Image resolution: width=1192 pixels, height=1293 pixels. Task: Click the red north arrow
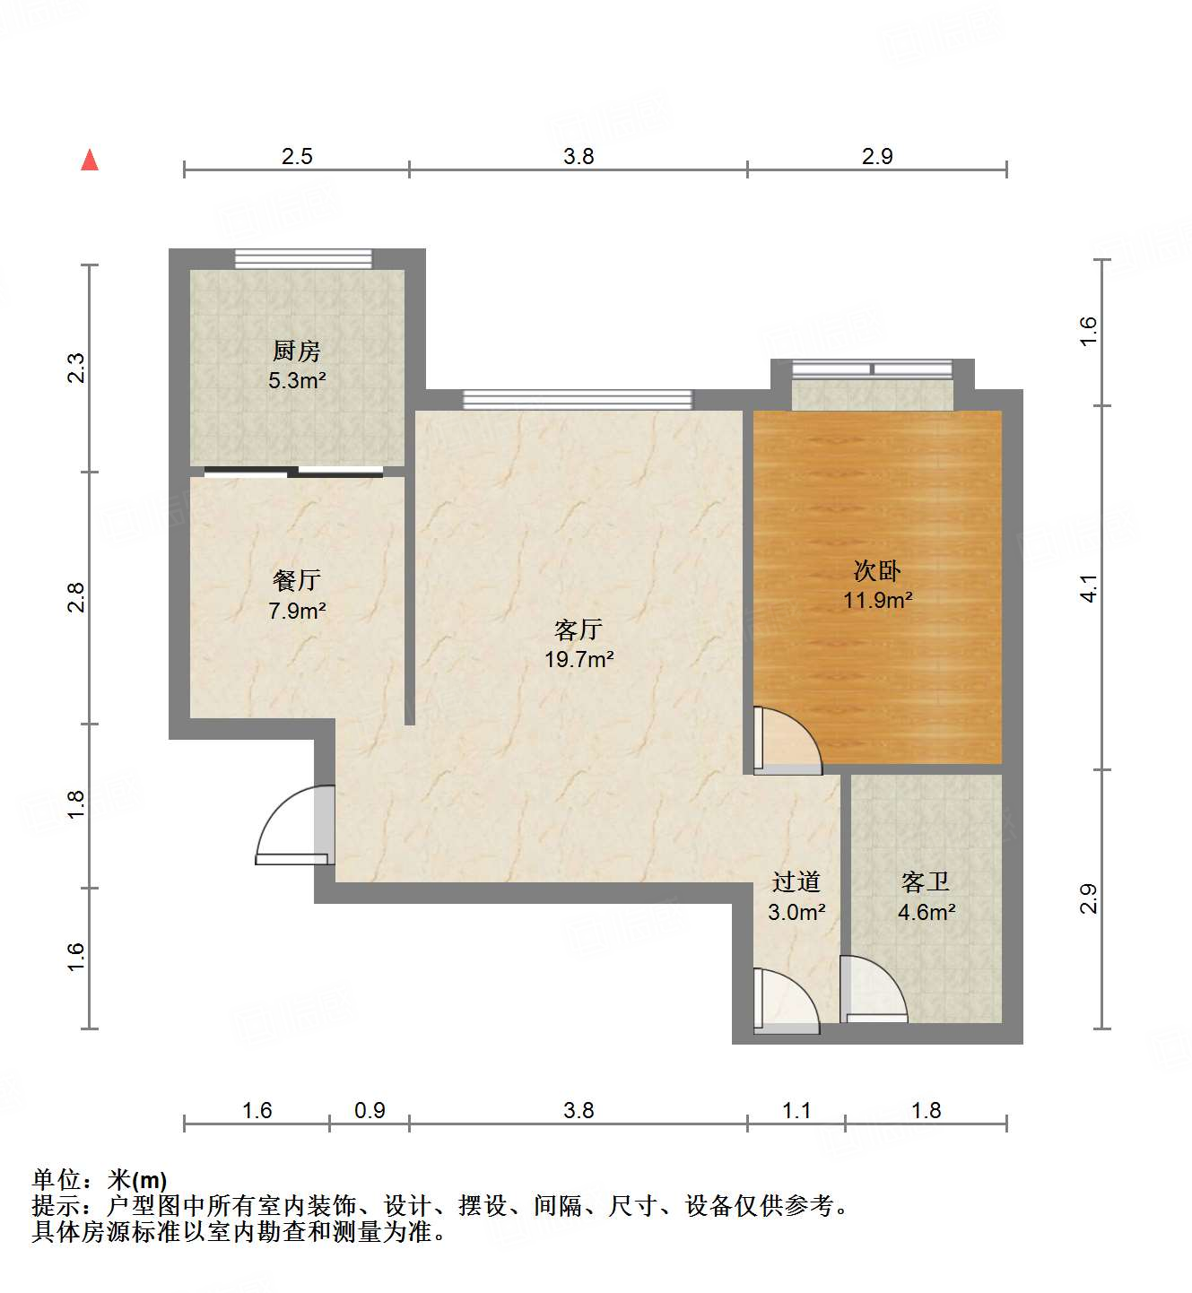(90, 161)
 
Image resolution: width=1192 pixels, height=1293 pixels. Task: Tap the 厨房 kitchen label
(296, 351)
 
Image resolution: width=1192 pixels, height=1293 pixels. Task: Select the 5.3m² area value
(297, 380)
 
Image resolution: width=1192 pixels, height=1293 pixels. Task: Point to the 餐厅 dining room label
(296, 580)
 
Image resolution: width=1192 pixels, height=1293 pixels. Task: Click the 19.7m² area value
(579, 660)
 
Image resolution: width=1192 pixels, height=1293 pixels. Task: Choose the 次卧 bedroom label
(876, 570)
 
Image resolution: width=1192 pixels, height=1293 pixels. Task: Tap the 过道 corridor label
(796, 882)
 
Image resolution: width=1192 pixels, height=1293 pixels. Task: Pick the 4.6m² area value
(926, 913)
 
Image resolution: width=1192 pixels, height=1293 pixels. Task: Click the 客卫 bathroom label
(926, 882)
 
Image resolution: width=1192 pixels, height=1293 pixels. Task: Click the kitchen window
(303, 258)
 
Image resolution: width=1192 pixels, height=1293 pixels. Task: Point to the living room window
(578, 399)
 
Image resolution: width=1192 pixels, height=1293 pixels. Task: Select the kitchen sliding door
(294, 471)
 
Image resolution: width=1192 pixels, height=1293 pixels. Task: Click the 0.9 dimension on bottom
(370, 1111)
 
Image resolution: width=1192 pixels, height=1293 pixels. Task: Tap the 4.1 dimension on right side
(1088, 588)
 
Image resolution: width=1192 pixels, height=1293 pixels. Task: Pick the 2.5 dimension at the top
(297, 156)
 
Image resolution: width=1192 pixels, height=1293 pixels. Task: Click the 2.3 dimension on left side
(77, 369)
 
